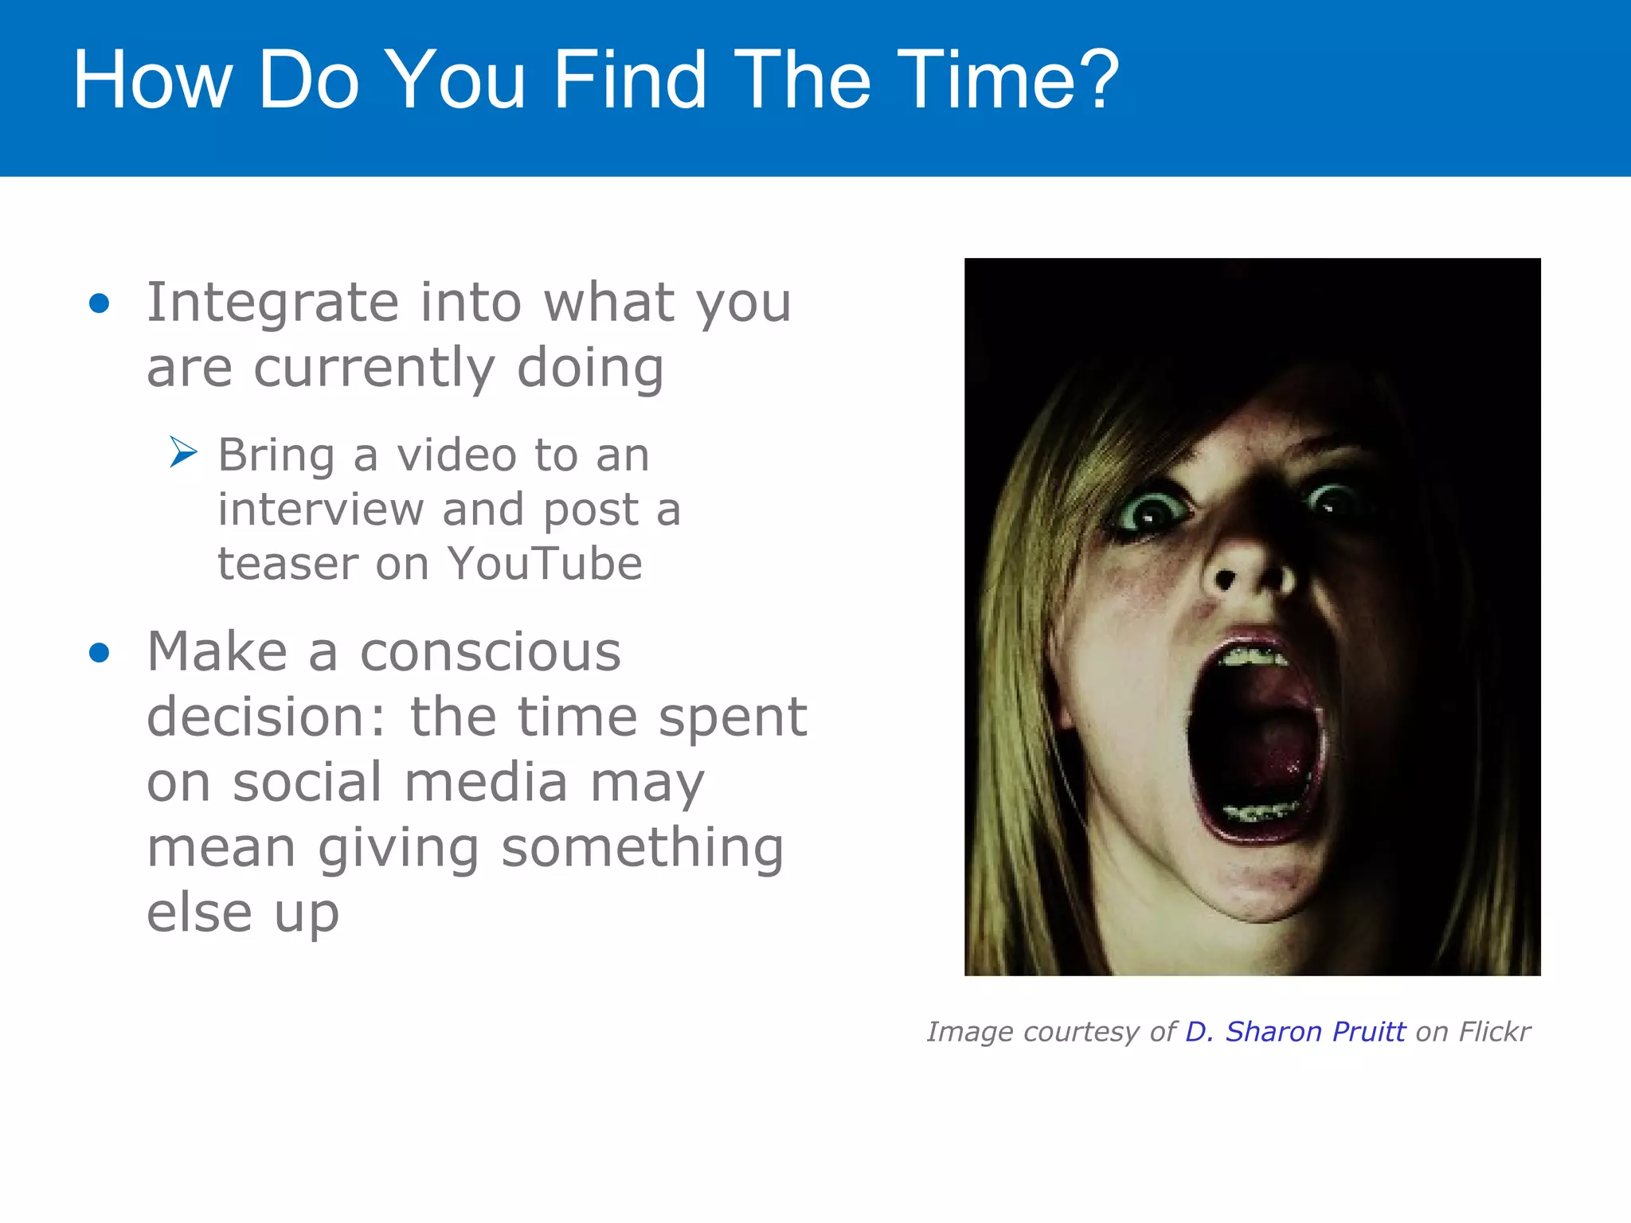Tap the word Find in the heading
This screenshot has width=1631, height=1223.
[629, 80]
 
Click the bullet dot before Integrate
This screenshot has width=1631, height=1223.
[100, 303]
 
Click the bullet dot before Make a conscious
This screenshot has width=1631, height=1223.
[100, 653]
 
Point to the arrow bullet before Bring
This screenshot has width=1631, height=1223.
[183, 452]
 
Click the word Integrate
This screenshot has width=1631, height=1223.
[272, 303]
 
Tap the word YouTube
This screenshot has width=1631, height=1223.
[545, 564]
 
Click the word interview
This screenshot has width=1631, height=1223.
[321, 510]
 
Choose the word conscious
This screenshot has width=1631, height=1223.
[490, 652]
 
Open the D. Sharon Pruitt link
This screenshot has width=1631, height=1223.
[1295, 1032]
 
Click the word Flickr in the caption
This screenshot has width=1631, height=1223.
[1494, 1032]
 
